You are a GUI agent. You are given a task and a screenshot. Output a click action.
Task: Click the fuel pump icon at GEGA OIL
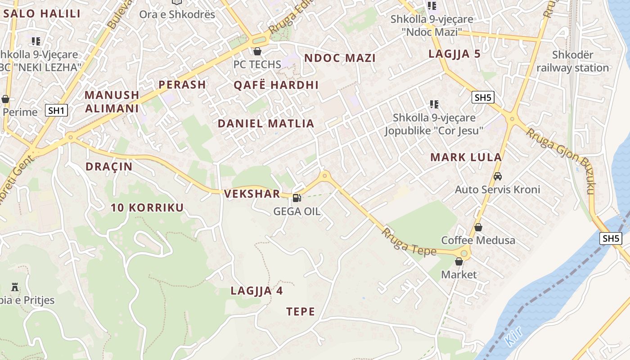pyautogui.click(x=297, y=198)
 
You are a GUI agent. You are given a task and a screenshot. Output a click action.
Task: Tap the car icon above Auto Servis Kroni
pyautogui.click(x=497, y=176)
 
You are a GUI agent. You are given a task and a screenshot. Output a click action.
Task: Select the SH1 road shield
pyautogui.click(x=56, y=110)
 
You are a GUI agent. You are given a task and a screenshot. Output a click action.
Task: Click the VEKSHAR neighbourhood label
pyautogui.click(x=252, y=194)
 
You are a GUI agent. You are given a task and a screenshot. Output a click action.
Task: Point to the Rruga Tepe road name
pyautogui.click(x=409, y=243)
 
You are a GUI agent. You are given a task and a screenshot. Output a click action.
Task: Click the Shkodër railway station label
pyautogui.click(x=572, y=62)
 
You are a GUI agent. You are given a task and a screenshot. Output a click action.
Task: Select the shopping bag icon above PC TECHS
pyautogui.click(x=257, y=51)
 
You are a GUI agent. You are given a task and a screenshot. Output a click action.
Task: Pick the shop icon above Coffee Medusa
pyautogui.click(x=478, y=227)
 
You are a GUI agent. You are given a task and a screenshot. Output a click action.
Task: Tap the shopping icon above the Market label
pyautogui.click(x=459, y=261)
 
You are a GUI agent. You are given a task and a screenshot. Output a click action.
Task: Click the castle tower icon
pyautogui.click(x=15, y=287)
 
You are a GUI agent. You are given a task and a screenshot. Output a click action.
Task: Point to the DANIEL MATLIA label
pyautogui.click(x=265, y=124)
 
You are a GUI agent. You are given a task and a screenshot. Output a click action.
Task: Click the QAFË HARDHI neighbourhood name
pyautogui.click(x=276, y=85)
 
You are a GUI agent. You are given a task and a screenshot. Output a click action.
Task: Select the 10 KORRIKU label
pyautogui.click(x=147, y=207)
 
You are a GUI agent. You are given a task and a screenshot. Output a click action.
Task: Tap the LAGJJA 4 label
pyautogui.click(x=256, y=291)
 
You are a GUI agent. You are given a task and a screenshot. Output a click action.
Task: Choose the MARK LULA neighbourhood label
pyautogui.click(x=466, y=157)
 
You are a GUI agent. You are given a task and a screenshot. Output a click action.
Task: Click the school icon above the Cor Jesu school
pyautogui.click(x=434, y=104)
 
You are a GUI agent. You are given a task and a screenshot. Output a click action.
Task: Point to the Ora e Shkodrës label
pyautogui.click(x=177, y=14)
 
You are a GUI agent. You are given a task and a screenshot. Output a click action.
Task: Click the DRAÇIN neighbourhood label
pyautogui.click(x=109, y=166)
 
